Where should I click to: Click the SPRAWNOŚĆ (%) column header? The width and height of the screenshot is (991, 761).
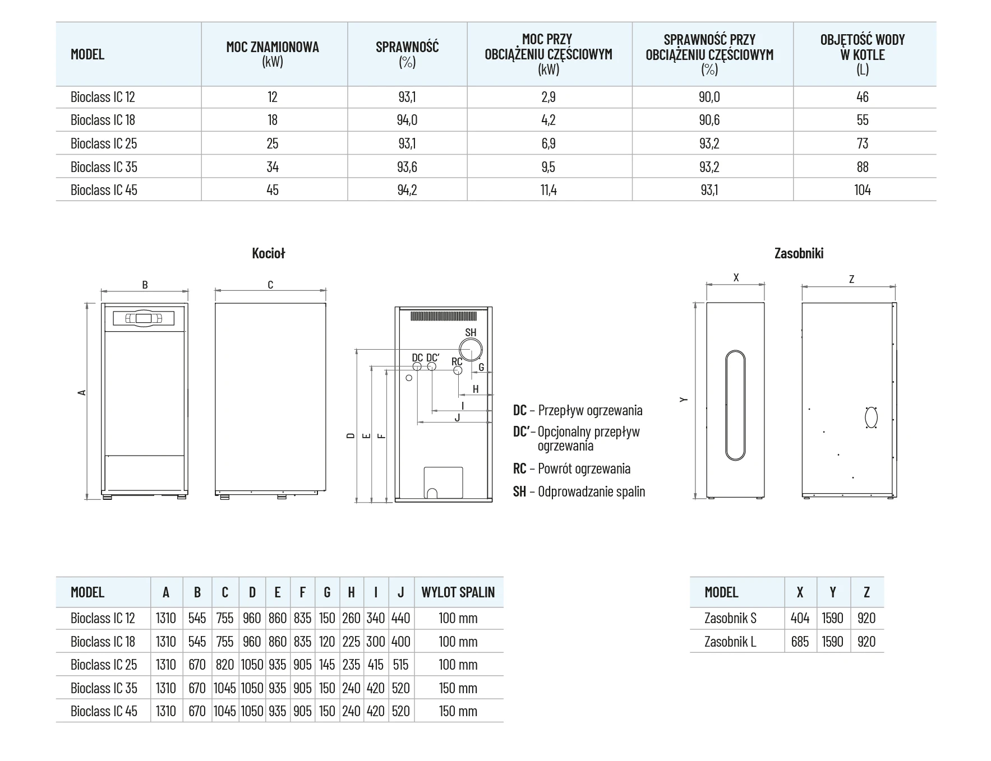[x=407, y=54]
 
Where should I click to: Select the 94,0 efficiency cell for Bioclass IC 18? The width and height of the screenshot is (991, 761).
[x=407, y=120]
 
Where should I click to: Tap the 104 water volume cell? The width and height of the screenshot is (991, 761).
[x=863, y=190]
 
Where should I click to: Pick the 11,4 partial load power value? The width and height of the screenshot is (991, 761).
[x=548, y=190]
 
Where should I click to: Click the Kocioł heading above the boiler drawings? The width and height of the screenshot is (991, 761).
[x=269, y=253]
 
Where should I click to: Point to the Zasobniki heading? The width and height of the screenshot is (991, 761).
[x=799, y=253]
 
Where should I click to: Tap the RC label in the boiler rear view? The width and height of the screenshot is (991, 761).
[x=457, y=361]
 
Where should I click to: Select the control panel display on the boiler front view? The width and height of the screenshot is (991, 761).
[x=144, y=318]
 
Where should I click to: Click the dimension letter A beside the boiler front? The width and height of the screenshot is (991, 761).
[x=82, y=392]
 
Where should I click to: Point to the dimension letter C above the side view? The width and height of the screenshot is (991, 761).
[x=270, y=285]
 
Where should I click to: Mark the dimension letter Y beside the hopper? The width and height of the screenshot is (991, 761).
[x=683, y=400]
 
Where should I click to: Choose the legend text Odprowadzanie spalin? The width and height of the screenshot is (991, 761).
[x=591, y=491]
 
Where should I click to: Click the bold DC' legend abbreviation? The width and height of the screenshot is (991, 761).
[x=521, y=431]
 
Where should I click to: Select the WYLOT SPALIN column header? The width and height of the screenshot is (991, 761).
[x=458, y=592]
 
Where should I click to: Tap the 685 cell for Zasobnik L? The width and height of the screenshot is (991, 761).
[x=800, y=642]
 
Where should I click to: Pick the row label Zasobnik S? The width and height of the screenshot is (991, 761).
[x=730, y=618]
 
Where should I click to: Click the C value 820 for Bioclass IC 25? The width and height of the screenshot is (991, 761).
[x=225, y=665]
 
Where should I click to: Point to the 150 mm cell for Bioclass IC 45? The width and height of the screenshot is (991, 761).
[x=458, y=711]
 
